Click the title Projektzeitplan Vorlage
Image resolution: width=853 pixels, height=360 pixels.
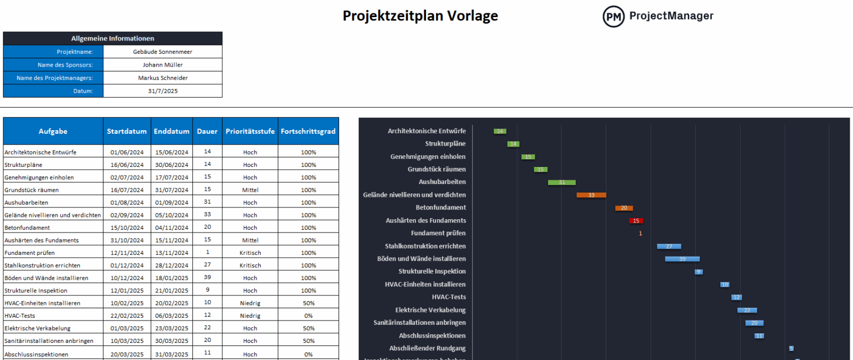pos(420,16)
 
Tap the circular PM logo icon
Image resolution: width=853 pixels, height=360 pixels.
pos(613,17)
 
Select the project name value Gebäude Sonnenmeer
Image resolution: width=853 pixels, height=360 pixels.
pos(163,52)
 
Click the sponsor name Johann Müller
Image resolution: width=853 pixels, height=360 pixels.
pos(163,65)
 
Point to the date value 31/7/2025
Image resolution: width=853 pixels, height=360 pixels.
pos(163,91)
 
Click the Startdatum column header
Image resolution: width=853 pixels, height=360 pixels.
pos(127,131)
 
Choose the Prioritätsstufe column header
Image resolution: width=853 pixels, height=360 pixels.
pos(250,131)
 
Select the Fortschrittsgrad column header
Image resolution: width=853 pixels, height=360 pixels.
pos(308,131)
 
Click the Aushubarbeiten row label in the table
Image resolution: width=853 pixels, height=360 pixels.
pos(27,203)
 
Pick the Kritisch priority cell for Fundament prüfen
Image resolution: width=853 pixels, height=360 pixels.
pos(250,253)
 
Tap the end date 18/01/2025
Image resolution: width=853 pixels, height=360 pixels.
pos(172,278)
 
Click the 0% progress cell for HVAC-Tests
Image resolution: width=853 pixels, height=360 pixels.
pos(308,316)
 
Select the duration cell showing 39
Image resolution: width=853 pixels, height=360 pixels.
pos(207,277)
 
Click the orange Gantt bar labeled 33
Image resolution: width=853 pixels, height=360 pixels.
pos(591,195)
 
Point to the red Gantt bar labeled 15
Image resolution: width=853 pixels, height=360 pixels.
pos(636,221)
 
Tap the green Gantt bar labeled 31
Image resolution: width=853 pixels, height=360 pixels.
pos(561,182)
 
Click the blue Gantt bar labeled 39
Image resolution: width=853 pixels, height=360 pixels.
pos(682,259)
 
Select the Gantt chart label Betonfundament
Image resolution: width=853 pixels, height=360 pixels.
pos(440,207)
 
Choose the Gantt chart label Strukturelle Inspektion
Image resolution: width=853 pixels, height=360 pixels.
pos(432,271)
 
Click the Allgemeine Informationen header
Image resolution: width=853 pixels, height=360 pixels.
pos(112,38)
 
